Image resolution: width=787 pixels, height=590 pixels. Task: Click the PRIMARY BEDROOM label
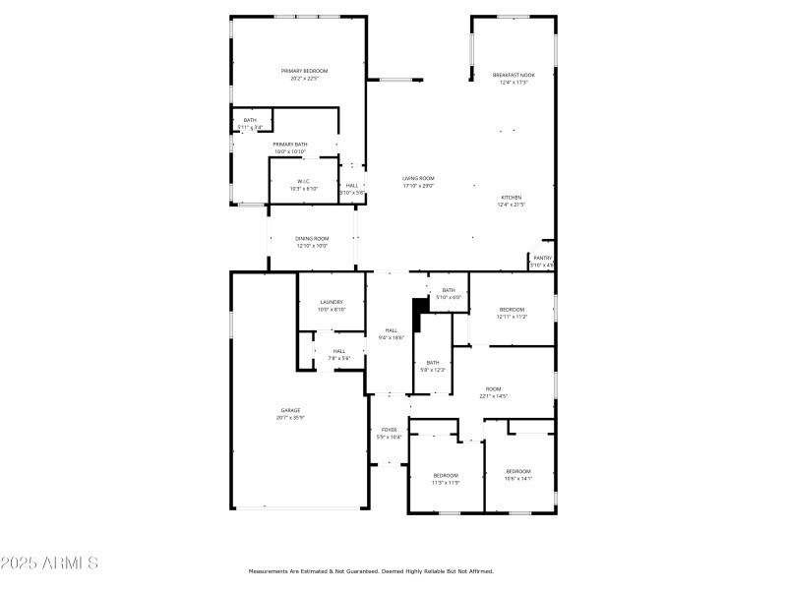[304, 71]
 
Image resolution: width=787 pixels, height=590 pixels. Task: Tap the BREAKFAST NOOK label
[514, 75]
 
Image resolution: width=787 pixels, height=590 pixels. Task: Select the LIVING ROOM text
[418, 178]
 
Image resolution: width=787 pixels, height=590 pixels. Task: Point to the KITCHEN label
[512, 197]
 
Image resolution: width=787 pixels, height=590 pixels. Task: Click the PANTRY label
[542, 258]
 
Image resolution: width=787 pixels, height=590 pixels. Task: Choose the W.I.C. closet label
[304, 181]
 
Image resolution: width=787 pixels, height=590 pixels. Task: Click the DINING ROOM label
[311, 238]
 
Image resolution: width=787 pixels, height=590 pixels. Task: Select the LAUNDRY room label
[331, 302]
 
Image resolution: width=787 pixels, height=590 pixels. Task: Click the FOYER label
[390, 430]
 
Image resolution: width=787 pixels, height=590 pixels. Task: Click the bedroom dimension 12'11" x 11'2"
[512, 317]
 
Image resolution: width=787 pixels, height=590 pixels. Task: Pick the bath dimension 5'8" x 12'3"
[433, 370]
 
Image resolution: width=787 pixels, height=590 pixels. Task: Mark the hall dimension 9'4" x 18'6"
[392, 337]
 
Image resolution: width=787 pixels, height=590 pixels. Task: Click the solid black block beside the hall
[419, 314]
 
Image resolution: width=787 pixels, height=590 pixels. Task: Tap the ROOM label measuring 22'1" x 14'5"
[493, 388]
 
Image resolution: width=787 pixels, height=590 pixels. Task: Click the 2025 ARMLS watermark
[49, 563]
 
